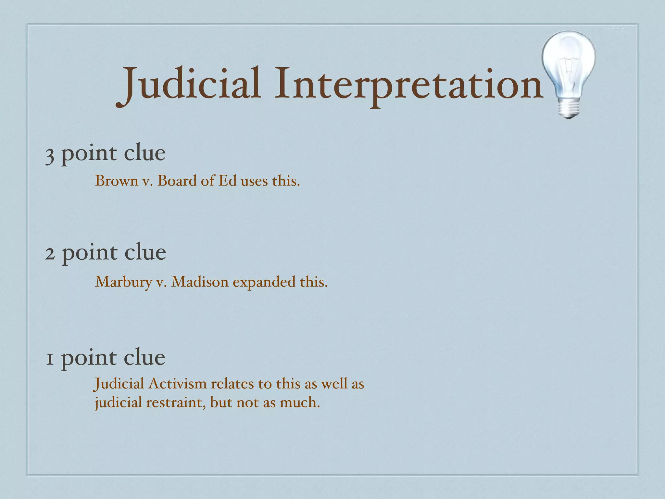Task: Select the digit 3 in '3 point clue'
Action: pyautogui.click(x=49, y=155)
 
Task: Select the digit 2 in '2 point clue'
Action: pyautogui.click(x=50, y=253)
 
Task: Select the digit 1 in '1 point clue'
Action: pyautogui.click(x=49, y=359)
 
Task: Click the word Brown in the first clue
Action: pyautogui.click(x=117, y=181)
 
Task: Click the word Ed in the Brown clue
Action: pyautogui.click(x=227, y=181)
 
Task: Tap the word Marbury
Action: pyautogui.click(x=123, y=282)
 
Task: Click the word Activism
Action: pyautogui.click(x=178, y=384)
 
